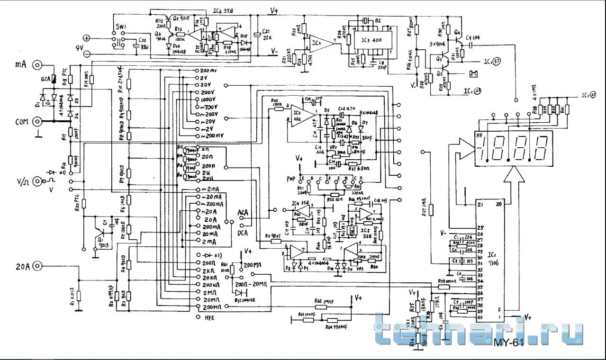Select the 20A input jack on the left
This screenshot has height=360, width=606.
point(36,265)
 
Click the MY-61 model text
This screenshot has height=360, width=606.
point(508,343)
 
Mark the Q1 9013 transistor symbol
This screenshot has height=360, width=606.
point(100,233)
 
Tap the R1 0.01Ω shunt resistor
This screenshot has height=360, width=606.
point(79,297)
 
